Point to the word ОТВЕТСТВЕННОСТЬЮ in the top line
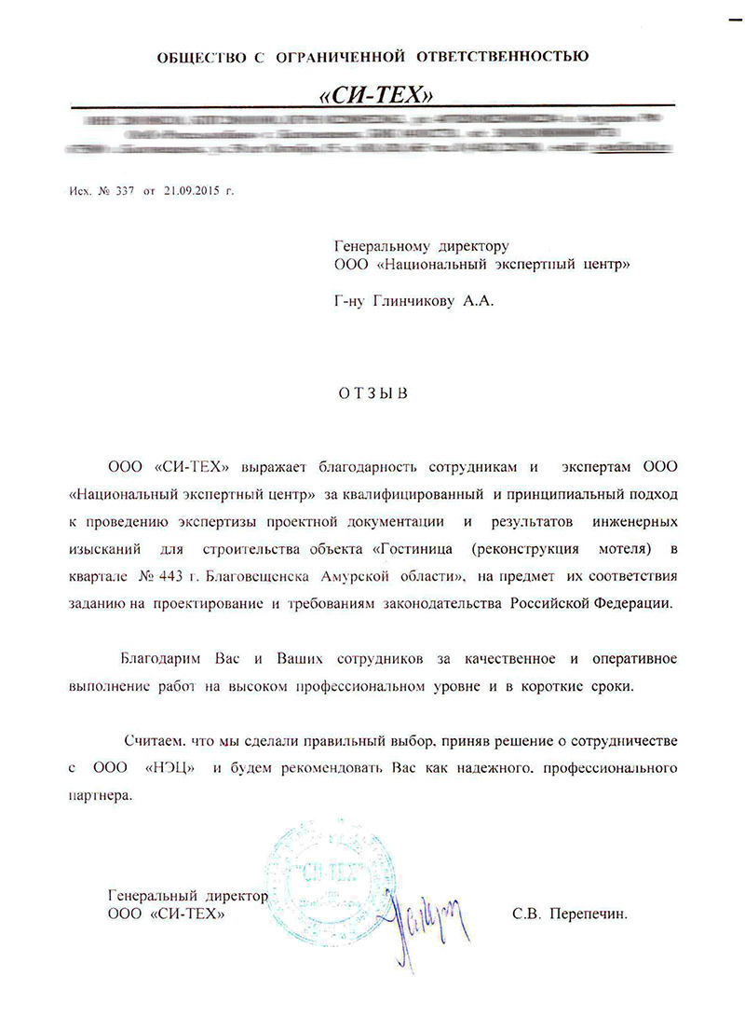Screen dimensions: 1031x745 coord(504,57)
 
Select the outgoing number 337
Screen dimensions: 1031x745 coord(125,191)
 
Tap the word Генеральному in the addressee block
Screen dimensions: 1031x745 coord(381,247)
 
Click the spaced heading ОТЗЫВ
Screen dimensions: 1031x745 coord(372,393)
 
